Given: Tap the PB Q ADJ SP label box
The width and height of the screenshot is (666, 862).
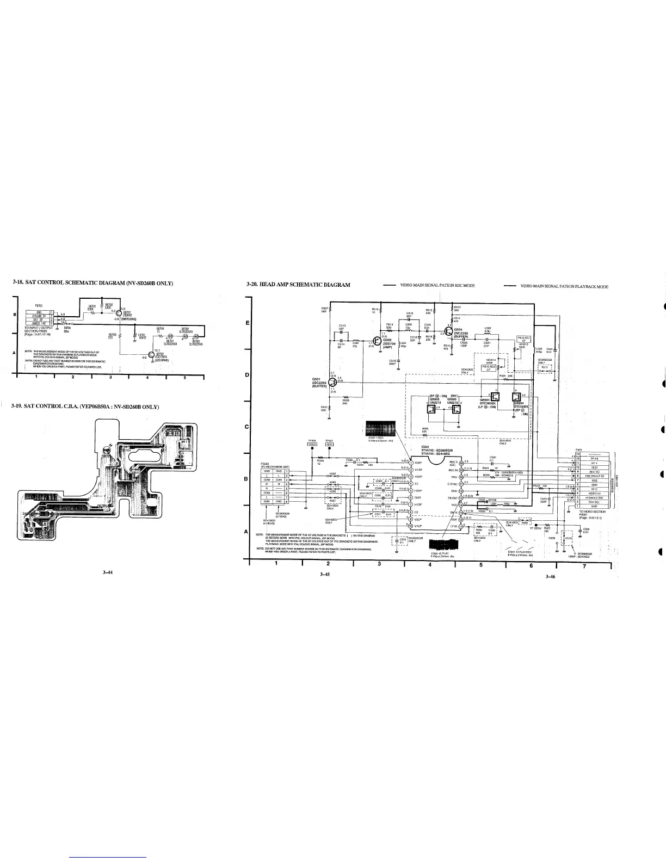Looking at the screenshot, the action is tap(523, 339).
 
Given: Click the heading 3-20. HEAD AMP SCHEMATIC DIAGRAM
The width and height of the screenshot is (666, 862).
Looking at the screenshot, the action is tap(298, 284).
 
